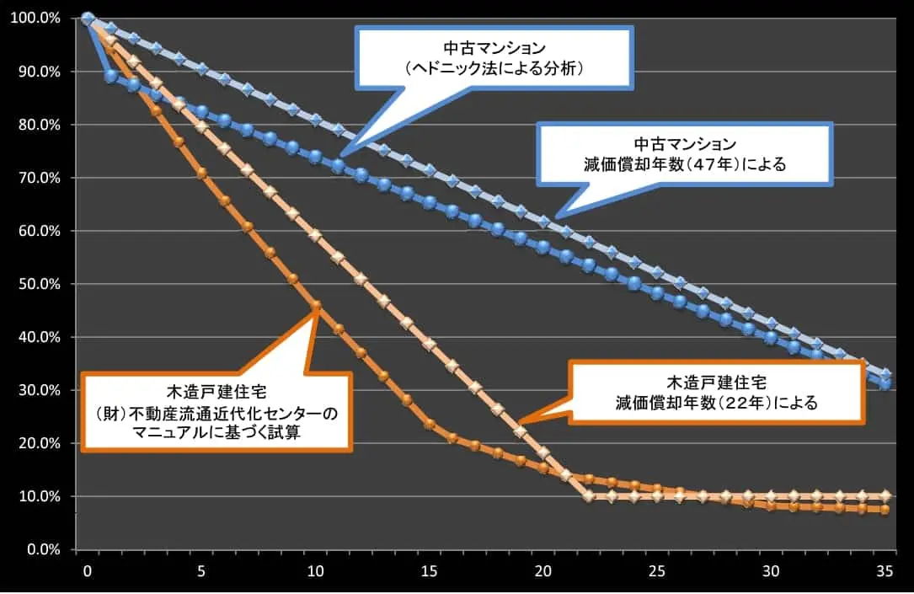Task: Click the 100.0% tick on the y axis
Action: point(35,19)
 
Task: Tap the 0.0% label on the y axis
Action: point(41,549)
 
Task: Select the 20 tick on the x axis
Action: point(543,571)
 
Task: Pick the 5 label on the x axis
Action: point(201,571)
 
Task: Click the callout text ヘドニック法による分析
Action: point(494,69)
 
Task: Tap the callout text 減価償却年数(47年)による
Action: point(685,164)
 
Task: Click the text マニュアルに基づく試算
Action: point(215,433)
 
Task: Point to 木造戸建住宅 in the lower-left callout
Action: point(215,390)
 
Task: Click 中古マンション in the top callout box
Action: point(494,48)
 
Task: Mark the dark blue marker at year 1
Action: point(110,76)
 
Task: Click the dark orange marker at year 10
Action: point(316,305)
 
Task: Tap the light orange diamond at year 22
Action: point(589,496)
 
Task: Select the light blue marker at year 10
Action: point(316,120)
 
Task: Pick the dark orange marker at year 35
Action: point(885,510)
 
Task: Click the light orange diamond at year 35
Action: point(885,495)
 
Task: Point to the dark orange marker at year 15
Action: point(430,424)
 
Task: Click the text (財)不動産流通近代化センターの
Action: point(215,413)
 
